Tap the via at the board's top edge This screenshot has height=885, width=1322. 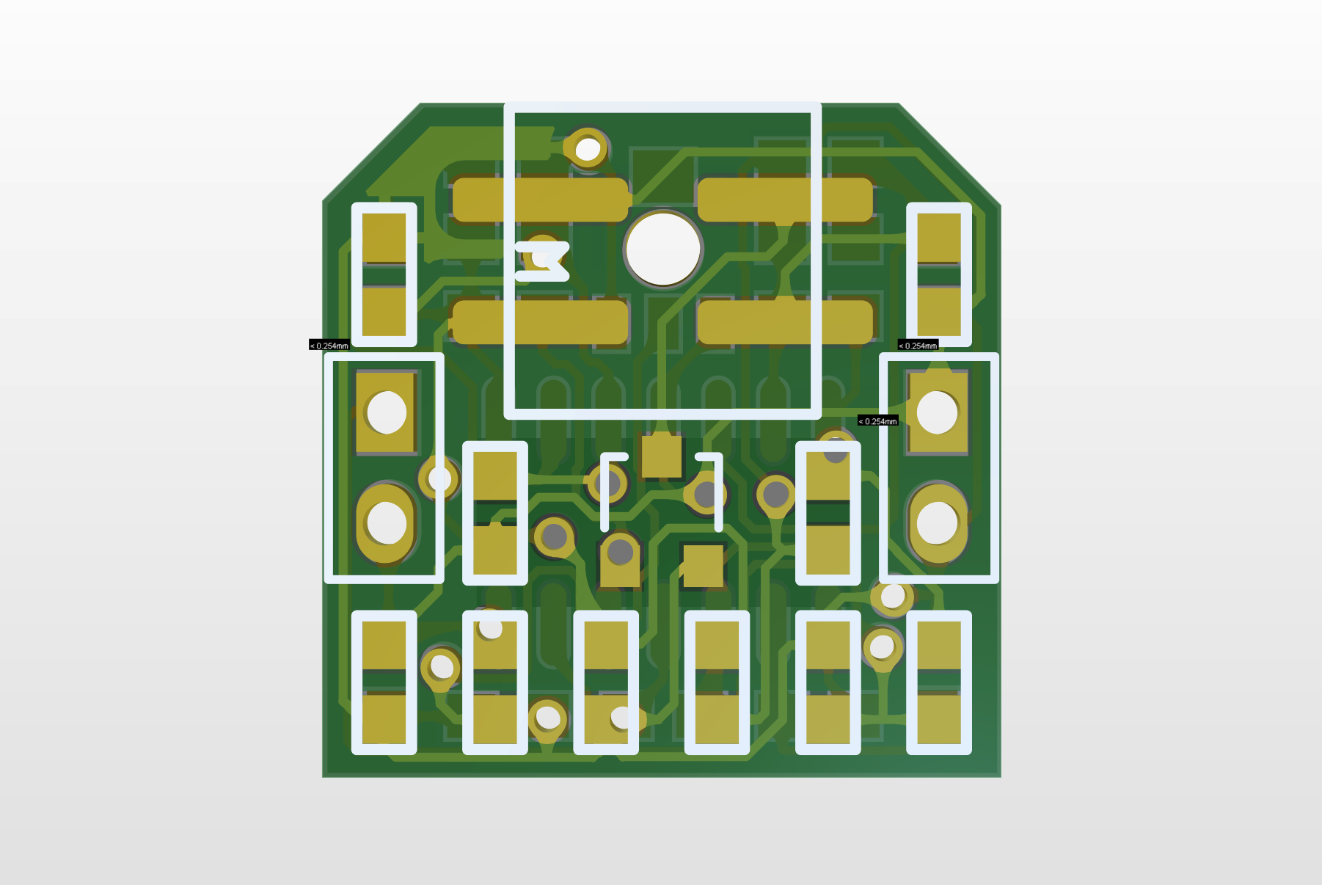588,149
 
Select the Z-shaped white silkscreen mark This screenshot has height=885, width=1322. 542,261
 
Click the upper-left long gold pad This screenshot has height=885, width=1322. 541,200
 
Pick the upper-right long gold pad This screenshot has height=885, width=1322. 785,200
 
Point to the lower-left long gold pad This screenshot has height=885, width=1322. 541,321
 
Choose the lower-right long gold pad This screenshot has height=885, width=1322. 785,321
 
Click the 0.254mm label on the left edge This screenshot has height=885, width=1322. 329,345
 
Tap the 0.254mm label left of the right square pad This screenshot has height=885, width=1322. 878,420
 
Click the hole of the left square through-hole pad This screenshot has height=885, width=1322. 387,412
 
